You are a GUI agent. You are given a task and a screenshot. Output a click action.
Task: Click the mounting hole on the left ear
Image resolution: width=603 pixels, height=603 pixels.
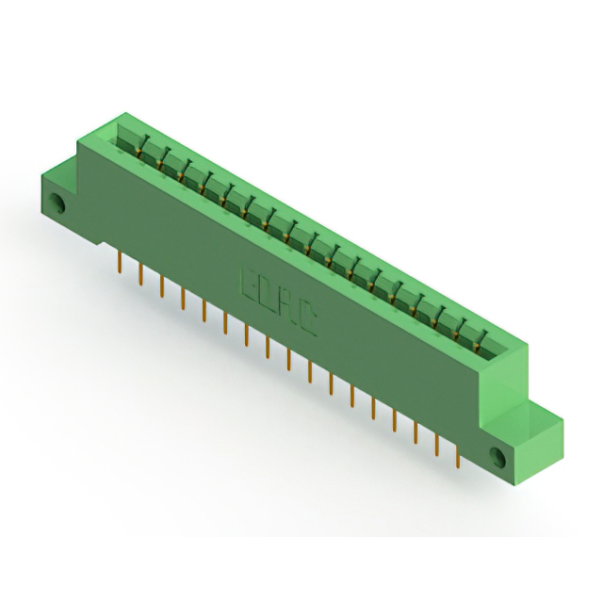click(x=57, y=203)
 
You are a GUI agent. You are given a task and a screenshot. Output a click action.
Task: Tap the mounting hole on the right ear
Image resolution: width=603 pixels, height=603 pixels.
click(x=497, y=458)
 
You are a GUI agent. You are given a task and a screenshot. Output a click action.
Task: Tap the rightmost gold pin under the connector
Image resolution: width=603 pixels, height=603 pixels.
click(x=457, y=455)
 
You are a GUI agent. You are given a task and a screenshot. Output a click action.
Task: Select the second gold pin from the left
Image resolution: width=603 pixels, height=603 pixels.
click(x=140, y=274)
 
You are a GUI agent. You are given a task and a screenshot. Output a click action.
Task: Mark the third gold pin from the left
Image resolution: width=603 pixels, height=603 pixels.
click(x=162, y=286)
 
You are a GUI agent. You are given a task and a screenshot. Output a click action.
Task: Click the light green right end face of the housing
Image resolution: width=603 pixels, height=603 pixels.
click(x=509, y=377)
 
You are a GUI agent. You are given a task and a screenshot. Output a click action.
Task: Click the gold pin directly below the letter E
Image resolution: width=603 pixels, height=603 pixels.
click(x=247, y=334)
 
